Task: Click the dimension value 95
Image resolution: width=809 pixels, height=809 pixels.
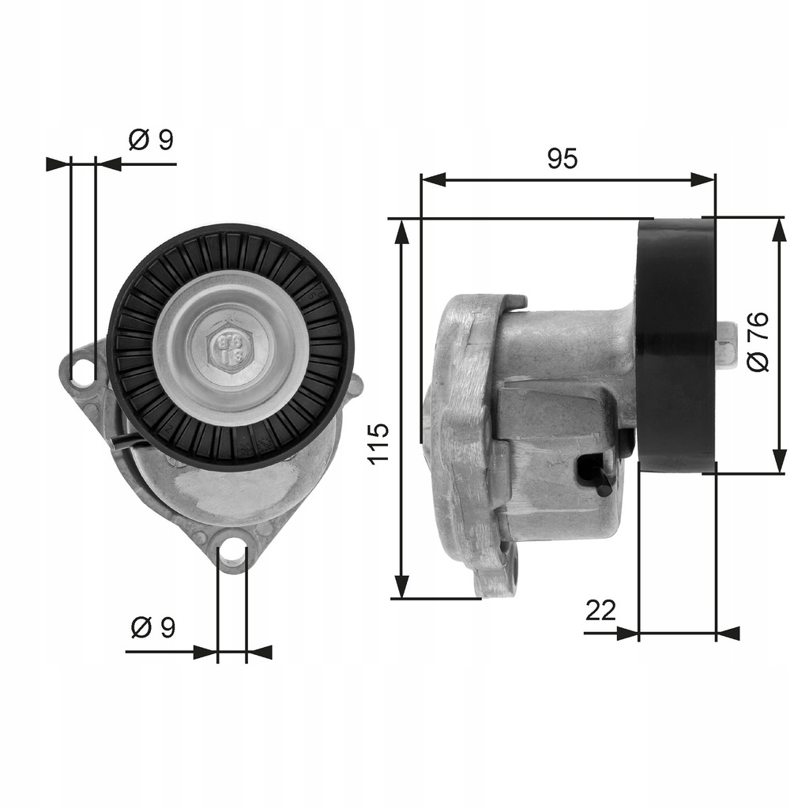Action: pyautogui.click(x=563, y=159)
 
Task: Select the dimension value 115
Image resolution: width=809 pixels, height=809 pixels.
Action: pyautogui.click(x=378, y=443)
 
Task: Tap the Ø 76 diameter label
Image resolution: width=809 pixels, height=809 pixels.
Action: pyautogui.click(x=757, y=342)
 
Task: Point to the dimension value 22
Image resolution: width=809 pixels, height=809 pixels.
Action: pyautogui.click(x=600, y=610)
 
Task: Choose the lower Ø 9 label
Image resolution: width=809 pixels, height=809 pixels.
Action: pyautogui.click(x=152, y=628)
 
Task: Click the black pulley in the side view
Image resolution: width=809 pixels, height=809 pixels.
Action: pyautogui.click(x=676, y=345)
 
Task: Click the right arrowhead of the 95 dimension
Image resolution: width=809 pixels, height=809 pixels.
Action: pyautogui.click(x=703, y=180)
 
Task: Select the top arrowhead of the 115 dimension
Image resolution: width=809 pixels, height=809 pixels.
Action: pyautogui.click(x=402, y=231)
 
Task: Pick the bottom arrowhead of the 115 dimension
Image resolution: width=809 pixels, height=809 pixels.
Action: pyautogui.click(x=402, y=586)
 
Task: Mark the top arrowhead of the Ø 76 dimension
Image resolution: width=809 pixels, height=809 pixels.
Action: pyautogui.click(x=779, y=230)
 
